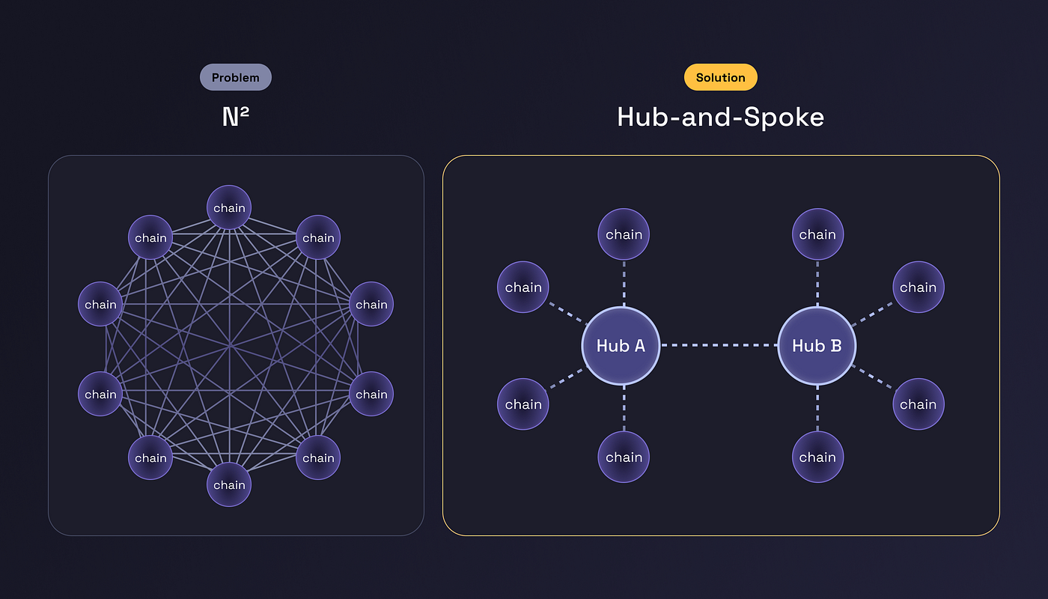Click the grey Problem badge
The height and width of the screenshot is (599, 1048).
235,77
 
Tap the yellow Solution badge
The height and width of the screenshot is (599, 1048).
720,77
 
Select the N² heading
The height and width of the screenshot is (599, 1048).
235,117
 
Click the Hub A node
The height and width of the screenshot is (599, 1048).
621,346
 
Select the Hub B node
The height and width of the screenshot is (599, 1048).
817,346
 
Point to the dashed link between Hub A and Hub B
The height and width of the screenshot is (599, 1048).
719,346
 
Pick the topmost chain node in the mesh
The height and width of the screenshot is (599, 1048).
229,207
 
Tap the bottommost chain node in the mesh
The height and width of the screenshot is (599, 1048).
229,484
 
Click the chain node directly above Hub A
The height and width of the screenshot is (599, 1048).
624,234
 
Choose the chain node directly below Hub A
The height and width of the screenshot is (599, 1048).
624,457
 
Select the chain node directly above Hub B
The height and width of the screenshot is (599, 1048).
817,234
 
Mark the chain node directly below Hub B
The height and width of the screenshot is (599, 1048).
817,457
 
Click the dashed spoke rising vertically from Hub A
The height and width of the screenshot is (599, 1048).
624,284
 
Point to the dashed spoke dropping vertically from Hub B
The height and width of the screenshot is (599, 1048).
817,408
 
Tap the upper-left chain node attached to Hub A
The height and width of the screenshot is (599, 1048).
523,288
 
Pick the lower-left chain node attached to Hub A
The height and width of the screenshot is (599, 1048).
523,404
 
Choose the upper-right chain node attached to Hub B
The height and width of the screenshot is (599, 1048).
918,288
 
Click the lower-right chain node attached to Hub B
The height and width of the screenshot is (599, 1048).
918,404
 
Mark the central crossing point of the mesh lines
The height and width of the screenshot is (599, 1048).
230,346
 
